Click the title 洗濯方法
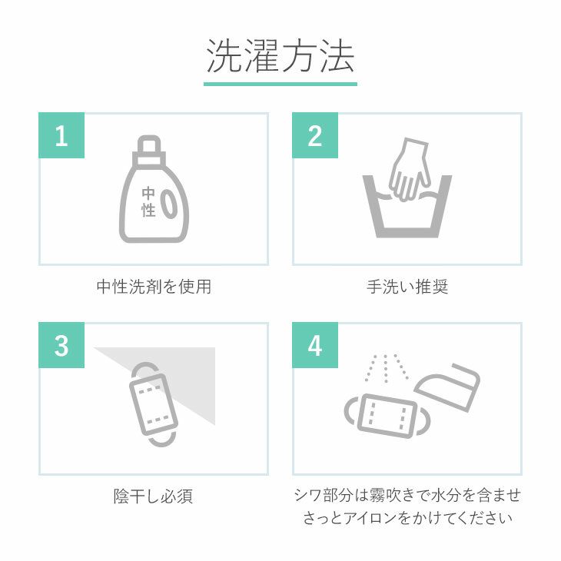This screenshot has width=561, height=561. tap(280, 56)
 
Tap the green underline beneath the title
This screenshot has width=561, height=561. tap(280, 84)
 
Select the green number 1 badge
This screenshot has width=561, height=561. tap(61, 135)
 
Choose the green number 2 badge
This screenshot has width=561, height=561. tap(315, 135)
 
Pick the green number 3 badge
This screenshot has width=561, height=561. tap(61, 345)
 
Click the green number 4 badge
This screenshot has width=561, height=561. tap(315, 345)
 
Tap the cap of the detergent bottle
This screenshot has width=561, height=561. tap(149, 151)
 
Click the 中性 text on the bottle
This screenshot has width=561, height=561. tap(148, 202)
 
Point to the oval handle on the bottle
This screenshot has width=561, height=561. tap(169, 204)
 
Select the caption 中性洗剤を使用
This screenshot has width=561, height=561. tap(154, 287)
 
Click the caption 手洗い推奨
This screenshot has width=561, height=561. tap(407, 287)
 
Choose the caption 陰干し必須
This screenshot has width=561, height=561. tap(154, 496)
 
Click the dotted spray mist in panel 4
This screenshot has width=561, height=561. tap(386, 368)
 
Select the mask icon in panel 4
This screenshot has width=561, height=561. tap(388, 416)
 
